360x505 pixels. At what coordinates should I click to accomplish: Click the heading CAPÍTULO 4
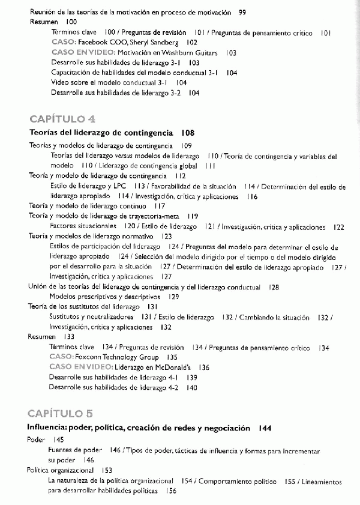[62, 118]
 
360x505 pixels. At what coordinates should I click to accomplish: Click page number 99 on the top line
[242, 12]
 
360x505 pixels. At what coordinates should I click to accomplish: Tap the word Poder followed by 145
[37, 440]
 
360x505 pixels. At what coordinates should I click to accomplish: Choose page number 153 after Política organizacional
[107, 470]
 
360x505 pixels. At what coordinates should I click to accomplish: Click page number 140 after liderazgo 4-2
[191, 387]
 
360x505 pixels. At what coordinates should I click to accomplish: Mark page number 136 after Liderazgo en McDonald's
[204, 367]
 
